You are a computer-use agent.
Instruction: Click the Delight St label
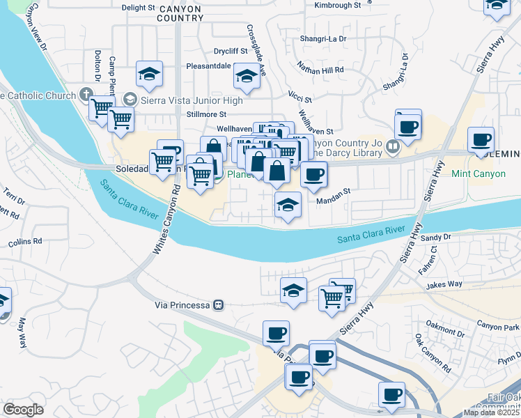138,8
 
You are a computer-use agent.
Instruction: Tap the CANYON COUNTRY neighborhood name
180,14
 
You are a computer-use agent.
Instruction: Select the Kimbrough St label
338,5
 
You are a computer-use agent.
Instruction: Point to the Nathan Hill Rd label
321,70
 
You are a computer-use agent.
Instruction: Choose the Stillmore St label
207,114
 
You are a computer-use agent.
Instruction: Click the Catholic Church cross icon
86,94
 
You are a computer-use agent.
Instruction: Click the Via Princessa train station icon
218,304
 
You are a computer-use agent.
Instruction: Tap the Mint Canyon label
478,173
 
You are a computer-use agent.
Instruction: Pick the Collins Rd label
25,242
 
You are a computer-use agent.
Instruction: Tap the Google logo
23,410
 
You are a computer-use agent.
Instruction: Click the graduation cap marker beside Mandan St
286,206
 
